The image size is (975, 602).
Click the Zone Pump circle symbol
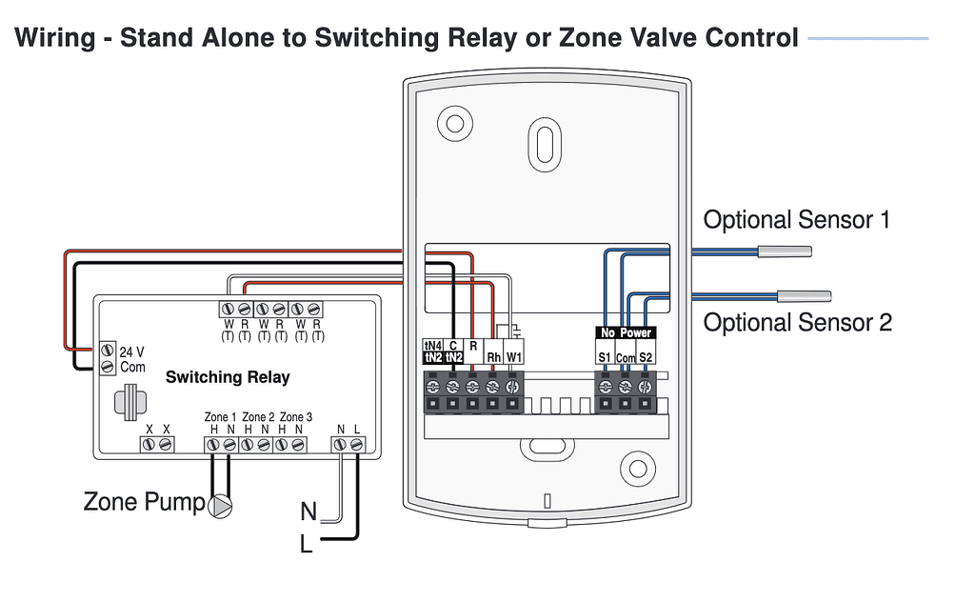pyautogui.click(x=220, y=505)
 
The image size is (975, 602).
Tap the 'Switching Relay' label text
pyautogui.click(x=228, y=377)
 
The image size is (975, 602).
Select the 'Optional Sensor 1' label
pyautogui.click(x=796, y=220)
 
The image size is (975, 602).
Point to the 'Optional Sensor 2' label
pyautogui.click(x=797, y=322)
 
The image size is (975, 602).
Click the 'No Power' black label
pyautogui.click(x=625, y=333)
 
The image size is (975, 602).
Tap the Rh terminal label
pyautogui.click(x=493, y=357)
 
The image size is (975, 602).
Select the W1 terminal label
pyautogui.click(x=514, y=357)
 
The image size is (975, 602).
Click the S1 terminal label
pyautogui.click(x=605, y=357)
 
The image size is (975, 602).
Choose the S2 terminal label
pyautogui.click(x=646, y=357)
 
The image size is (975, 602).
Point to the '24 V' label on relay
pyautogui.click(x=132, y=351)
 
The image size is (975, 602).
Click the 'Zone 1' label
pyautogui.click(x=220, y=417)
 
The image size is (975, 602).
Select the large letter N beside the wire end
pyautogui.click(x=308, y=512)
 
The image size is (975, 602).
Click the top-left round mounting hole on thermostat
pyautogui.click(x=454, y=122)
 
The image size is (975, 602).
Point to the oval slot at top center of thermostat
pyautogui.click(x=544, y=142)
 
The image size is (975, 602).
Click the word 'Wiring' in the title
pyautogui.click(x=55, y=38)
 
